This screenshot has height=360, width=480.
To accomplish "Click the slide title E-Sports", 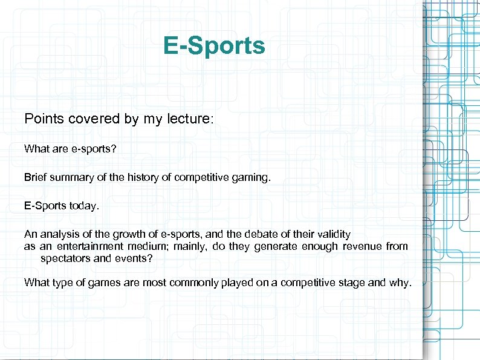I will tap(214, 45).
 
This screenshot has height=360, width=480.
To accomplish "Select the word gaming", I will tap(256, 177).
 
